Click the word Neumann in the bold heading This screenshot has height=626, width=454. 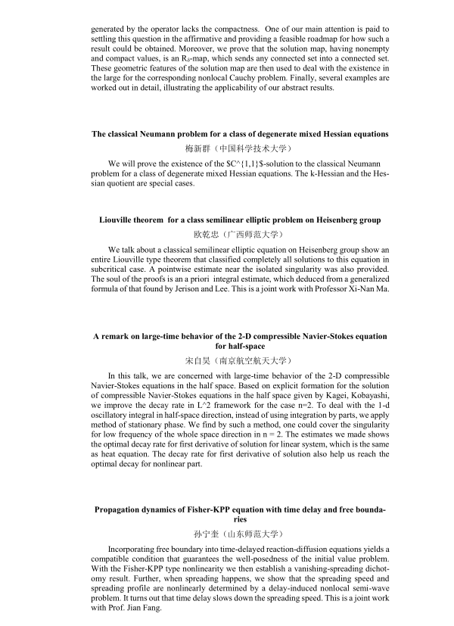[172, 134]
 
